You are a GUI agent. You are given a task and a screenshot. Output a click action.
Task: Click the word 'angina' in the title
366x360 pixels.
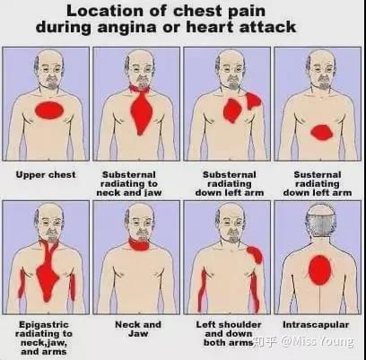pos(126,28)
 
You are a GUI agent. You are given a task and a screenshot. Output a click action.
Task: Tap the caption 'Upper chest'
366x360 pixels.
pos(46,175)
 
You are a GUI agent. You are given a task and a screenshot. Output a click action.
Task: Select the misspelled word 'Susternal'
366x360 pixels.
pos(318,174)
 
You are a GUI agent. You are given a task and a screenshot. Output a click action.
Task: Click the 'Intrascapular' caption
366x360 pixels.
pos(316,325)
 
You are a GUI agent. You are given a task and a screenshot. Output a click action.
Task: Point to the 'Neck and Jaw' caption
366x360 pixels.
pos(138,329)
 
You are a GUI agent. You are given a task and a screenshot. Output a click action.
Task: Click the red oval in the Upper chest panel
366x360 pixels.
pos(49,110)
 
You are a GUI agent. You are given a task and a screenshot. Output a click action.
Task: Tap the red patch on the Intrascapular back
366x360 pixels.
pos(320,270)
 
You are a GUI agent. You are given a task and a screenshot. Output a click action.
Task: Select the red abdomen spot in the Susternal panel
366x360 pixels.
pos(322,133)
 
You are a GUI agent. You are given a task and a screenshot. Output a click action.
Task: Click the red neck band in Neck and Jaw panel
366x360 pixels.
pos(139,244)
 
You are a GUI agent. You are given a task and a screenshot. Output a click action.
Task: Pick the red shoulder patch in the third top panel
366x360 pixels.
pos(253,101)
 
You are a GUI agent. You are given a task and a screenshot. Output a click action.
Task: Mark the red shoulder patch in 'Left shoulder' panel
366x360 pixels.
pos(255,254)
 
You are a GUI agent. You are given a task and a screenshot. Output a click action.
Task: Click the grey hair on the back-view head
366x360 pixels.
pos(320,226)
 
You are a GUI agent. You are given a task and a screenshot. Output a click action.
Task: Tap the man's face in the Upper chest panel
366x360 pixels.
pos(49,71)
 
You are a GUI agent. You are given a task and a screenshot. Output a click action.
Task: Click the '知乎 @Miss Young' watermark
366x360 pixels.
pos(303,341)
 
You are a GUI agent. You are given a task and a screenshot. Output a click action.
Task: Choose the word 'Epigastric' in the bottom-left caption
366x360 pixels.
pos(44,325)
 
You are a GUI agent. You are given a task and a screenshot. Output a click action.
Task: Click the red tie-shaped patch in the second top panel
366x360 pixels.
pos(141,110)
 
